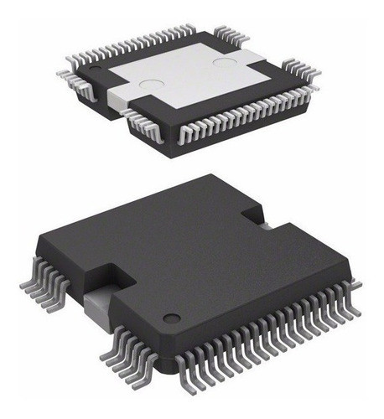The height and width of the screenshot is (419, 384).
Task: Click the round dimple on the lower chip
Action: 172,318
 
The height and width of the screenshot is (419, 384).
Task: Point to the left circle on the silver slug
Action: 150,84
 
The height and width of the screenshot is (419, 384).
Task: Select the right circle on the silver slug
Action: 226,63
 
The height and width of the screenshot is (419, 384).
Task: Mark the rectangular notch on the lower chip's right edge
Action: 256,214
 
